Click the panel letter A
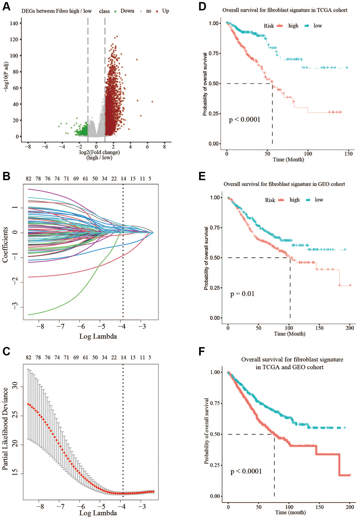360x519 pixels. pyautogui.click(x=6, y=6)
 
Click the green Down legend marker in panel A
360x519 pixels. pyautogui.click(x=115, y=11)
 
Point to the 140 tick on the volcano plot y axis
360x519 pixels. pyautogui.click(x=14, y=23)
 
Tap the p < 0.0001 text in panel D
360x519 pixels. pyautogui.click(x=245, y=120)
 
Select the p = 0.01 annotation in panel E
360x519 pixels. pyautogui.click(x=242, y=294)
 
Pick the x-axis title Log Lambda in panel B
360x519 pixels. pyautogui.click(x=98, y=336)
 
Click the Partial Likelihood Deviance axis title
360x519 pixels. pyautogui.click(x=5, y=428)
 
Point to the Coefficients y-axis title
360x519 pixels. pyautogui.click(x=5, y=245)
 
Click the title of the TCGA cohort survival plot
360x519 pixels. pyautogui.click(x=285, y=10)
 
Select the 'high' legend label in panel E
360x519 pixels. pyautogui.click(x=294, y=200)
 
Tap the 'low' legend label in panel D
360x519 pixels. pyautogui.click(x=318, y=26)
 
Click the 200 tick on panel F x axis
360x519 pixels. pyautogui.click(x=350, y=507)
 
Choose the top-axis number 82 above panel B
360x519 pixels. pyautogui.click(x=29, y=179)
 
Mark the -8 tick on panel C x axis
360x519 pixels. pyautogui.click(x=41, y=507)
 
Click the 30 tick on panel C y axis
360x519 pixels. pyautogui.click(x=15, y=387)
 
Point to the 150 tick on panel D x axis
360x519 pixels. pyautogui.click(x=348, y=154)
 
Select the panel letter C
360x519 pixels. pyautogui.click(x=6, y=351)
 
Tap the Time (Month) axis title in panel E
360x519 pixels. pyautogui.click(x=289, y=334)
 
